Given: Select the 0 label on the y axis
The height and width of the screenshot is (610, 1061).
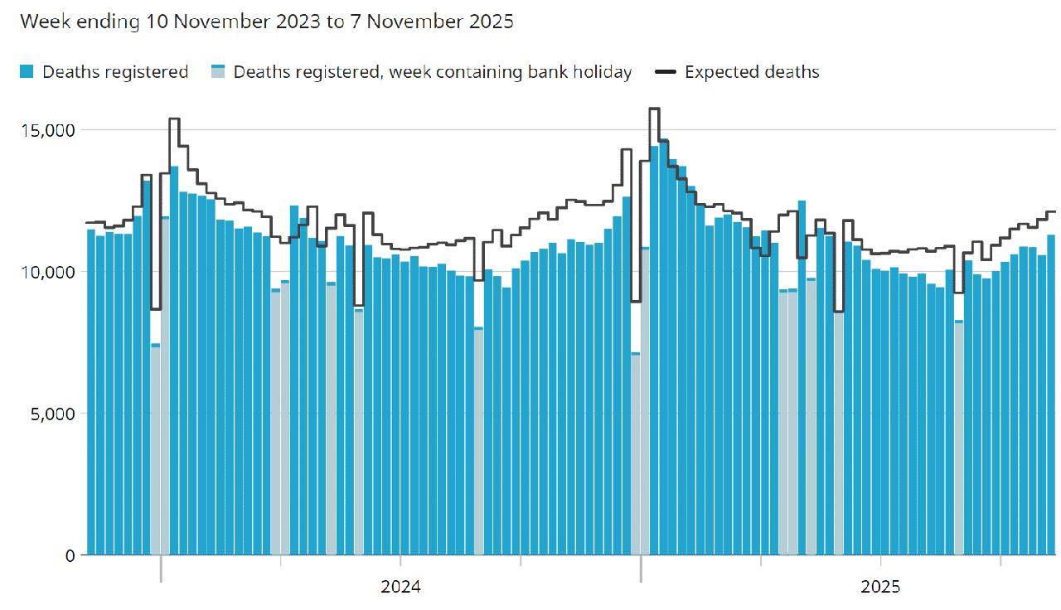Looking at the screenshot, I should [70, 555].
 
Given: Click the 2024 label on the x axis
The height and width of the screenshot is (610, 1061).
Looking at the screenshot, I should [400, 588].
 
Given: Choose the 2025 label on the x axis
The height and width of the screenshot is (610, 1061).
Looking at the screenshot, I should [880, 588].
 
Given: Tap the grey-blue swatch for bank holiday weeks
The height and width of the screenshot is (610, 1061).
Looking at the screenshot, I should [218, 72].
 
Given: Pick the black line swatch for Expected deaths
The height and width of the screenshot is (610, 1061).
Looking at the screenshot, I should [665, 72].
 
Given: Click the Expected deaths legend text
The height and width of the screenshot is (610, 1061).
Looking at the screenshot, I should [752, 72].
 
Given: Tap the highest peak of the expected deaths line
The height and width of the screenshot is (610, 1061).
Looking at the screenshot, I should [654, 109].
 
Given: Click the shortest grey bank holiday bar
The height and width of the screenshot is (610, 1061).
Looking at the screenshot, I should [636, 456].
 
